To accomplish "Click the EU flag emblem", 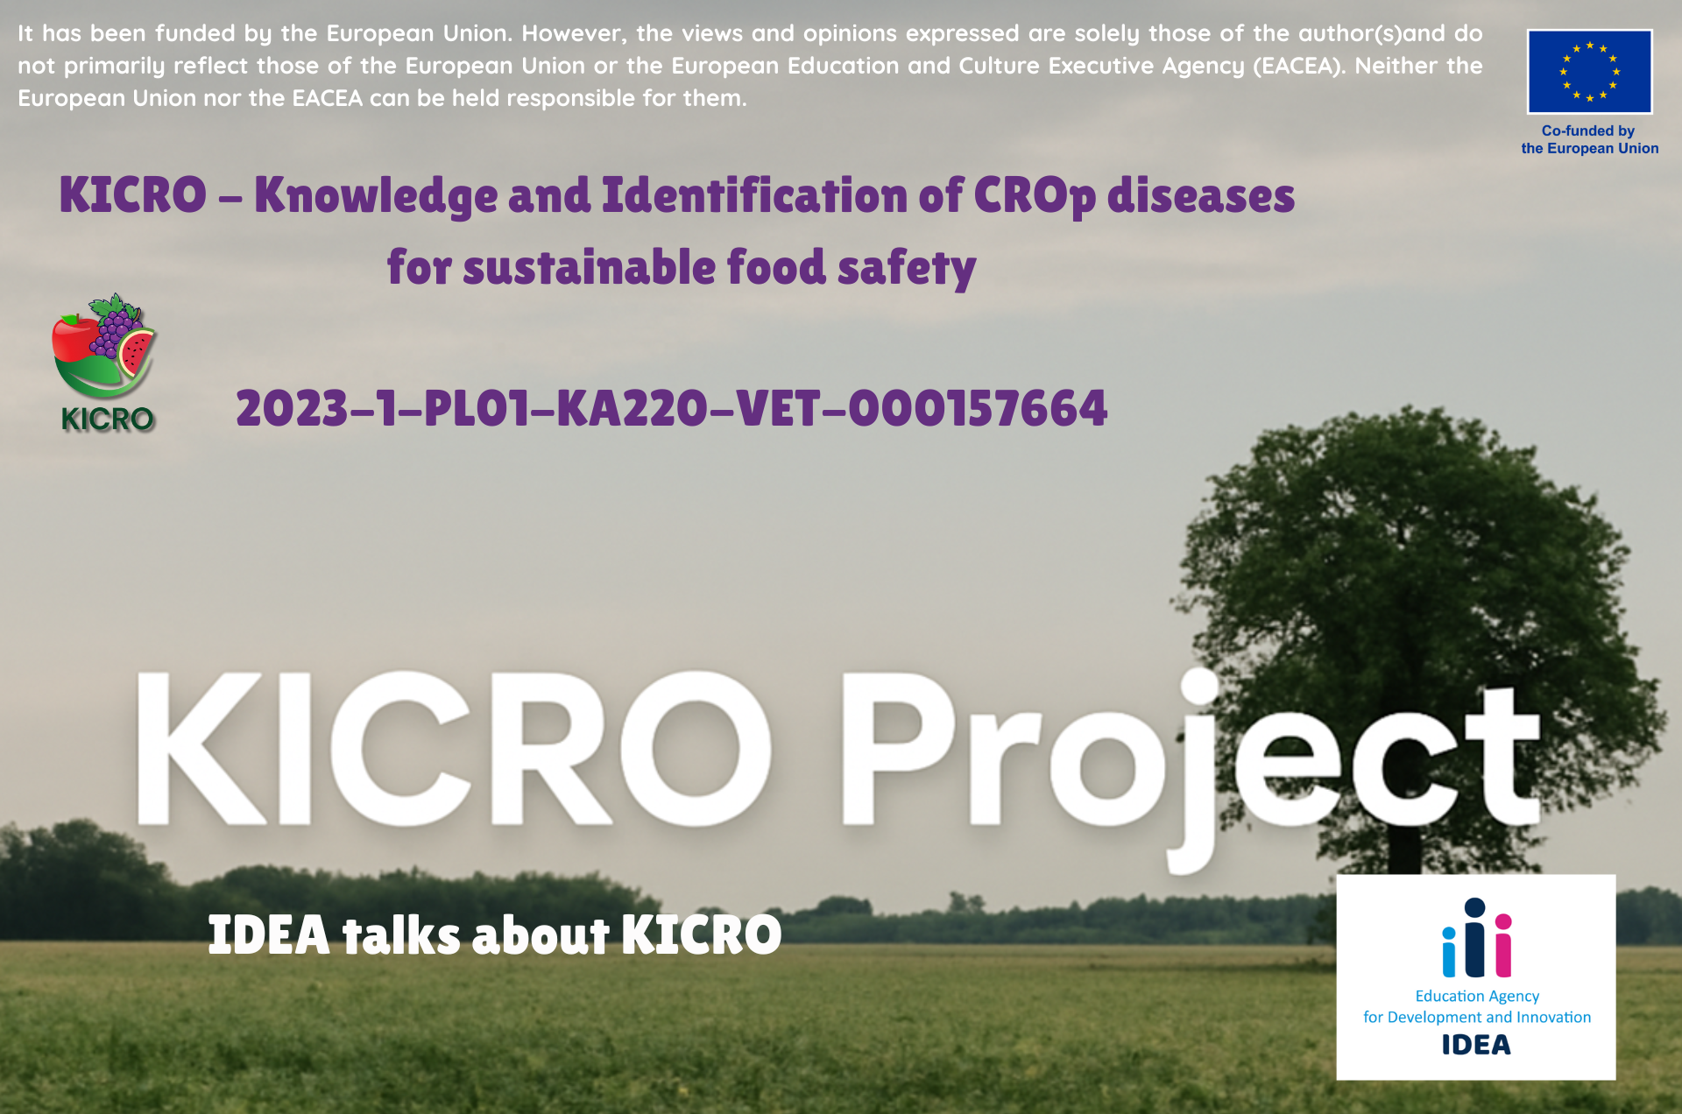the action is [1589, 71].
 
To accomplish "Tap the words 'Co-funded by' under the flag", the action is [1588, 130].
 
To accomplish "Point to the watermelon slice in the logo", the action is [136, 352].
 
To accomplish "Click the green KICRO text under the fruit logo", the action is [108, 420].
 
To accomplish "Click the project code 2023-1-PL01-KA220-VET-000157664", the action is [671, 409].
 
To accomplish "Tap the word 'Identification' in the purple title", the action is [754, 195].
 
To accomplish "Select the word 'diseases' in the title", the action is [1201, 195].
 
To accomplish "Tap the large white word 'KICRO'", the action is [454, 749].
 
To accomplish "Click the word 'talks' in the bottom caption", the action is [401, 934].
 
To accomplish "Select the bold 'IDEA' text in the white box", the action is [1476, 1045].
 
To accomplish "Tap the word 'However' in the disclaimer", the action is [573, 33].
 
